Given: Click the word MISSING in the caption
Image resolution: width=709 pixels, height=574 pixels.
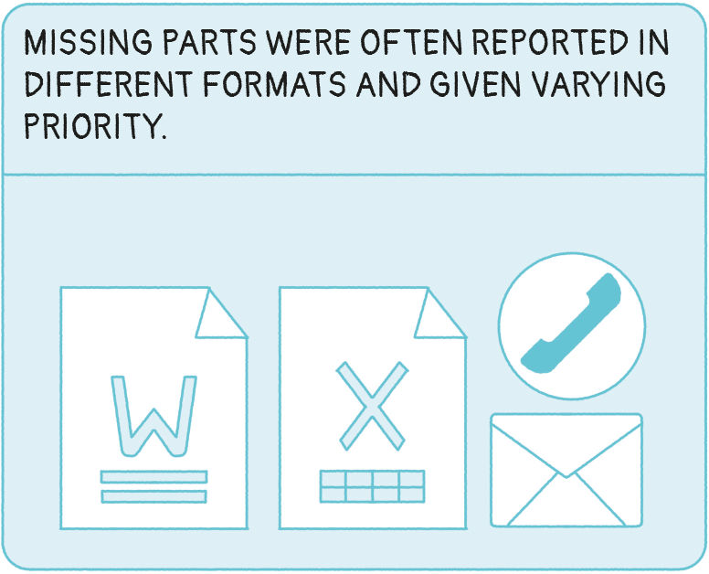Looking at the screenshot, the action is (89, 44).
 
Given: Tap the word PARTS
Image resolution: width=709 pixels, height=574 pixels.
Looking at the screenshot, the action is (210, 44).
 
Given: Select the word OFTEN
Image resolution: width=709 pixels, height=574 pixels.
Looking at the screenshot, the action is (411, 44).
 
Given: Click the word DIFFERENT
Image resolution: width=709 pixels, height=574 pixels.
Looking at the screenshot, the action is (108, 84).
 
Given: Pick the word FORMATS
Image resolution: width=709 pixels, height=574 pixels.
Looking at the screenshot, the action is (275, 84).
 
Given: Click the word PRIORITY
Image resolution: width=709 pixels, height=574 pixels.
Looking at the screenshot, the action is (95, 126).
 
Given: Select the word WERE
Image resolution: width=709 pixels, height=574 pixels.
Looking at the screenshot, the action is (309, 44).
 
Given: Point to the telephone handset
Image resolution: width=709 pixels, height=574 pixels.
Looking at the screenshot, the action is (571, 324).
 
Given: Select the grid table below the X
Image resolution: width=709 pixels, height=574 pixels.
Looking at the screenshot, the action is (372, 486).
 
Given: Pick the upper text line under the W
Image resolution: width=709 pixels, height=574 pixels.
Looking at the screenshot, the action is (153, 477).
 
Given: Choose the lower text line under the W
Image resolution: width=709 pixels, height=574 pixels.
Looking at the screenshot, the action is (153, 496).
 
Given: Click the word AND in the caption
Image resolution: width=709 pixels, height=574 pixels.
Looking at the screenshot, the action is (388, 84).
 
